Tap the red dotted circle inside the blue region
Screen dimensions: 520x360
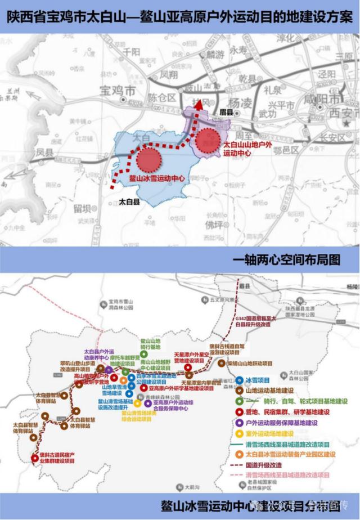pos(148,158)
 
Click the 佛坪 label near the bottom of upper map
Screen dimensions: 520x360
pos(214,223)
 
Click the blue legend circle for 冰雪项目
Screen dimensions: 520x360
pos(240,380)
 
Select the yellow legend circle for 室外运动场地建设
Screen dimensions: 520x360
pos(240,433)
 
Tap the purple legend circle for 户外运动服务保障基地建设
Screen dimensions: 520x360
pos(240,423)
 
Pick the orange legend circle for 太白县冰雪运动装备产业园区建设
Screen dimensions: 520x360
pos(240,455)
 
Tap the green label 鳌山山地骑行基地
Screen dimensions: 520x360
pos(150,344)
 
